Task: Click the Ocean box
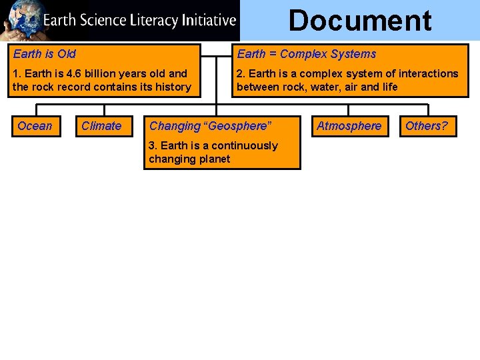(35, 126)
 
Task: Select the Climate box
(101, 126)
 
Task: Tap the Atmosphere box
(349, 126)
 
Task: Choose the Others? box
(427, 126)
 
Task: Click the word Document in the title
(360, 21)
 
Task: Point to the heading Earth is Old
(45, 54)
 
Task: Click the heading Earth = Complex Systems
(307, 54)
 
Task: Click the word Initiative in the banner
(208, 20)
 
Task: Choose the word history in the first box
(173, 87)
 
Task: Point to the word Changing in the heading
(175, 126)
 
